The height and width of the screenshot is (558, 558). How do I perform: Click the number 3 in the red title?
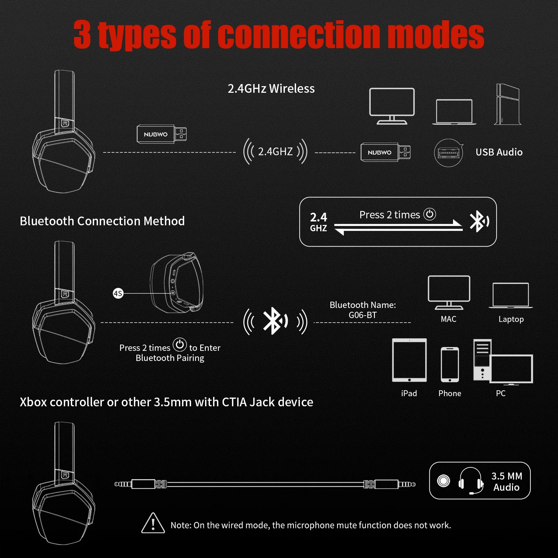(82, 35)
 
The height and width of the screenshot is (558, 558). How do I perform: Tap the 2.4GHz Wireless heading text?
(271, 89)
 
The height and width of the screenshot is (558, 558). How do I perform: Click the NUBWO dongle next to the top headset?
(161, 134)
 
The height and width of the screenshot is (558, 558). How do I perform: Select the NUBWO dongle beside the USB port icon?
(385, 152)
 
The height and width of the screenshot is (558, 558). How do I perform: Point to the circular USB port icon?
(448, 153)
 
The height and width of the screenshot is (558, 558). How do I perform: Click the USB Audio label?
(499, 152)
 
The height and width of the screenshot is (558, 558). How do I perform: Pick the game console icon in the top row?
(508, 104)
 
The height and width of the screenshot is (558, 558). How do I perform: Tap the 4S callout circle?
(118, 293)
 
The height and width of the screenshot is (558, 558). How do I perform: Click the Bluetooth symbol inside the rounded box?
(478, 221)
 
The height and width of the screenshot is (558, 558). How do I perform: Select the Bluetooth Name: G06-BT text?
(363, 310)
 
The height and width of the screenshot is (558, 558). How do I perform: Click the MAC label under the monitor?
(448, 319)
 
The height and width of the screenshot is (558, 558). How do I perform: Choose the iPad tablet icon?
(409, 360)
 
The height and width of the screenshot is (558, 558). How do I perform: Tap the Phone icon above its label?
(450, 364)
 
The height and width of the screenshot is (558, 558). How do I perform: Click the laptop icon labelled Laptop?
(511, 296)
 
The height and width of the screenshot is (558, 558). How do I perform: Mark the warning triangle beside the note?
(153, 523)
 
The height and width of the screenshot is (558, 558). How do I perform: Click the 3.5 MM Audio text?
(506, 482)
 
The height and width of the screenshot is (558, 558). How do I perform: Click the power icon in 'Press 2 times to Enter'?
(180, 345)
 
